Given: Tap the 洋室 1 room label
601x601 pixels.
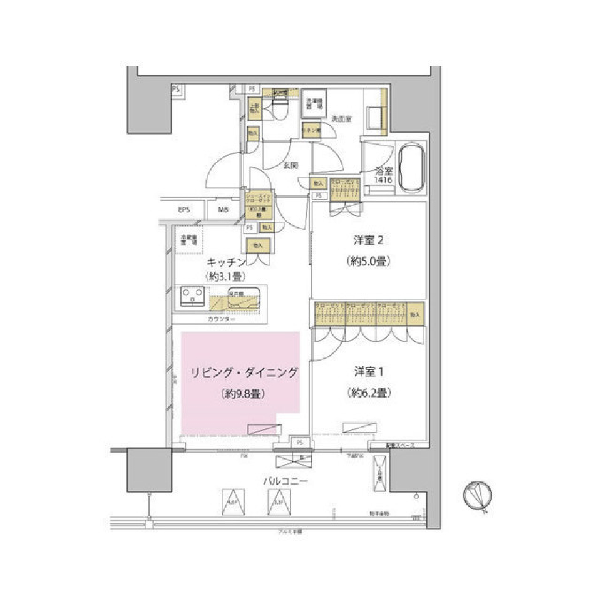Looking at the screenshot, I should (x=368, y=371).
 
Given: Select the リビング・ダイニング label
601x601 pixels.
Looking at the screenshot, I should (x=242, y=373).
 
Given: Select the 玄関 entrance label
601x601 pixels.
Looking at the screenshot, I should (x=289, y=166).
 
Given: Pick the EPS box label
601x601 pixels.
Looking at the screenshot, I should (x=183, y=210).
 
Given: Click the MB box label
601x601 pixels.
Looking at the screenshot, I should (x=223, y=210).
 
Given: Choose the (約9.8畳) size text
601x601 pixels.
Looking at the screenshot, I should (x=242, y=394).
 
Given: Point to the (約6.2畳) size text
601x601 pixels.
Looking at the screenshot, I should (x=368, y=394).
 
